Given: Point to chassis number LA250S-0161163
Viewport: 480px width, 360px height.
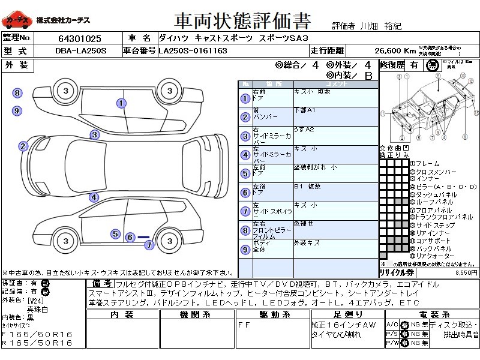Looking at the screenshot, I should pyautogui.click(x=193, y=51).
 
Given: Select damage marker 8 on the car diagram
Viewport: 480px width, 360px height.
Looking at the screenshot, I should pyautogui.click(x=17, y=93).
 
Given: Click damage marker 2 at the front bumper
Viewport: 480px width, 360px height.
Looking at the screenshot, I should pyautogui.click(x=23, y=146).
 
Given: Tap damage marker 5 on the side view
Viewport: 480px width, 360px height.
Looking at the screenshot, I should pyautogui.click(x=115, y=234).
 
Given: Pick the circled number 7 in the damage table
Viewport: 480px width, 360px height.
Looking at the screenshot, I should pyautogui.click(x=245, y=211).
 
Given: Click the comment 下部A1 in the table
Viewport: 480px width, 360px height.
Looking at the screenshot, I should pyautogui.click(x=304, y=110).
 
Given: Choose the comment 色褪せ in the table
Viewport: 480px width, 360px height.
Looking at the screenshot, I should pyautogui.click(x=304, y=223).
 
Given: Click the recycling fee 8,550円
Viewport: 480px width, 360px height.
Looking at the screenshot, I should pyautogui.click(x=466, y=272).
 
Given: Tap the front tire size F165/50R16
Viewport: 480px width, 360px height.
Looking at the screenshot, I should pyautogui.click(x=37, y=334).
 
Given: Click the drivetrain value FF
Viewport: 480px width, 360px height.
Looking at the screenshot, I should pyautogui.click(x=244, y=325).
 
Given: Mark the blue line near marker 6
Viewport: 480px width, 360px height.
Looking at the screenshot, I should pyautogui.click(x=143, y=238).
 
